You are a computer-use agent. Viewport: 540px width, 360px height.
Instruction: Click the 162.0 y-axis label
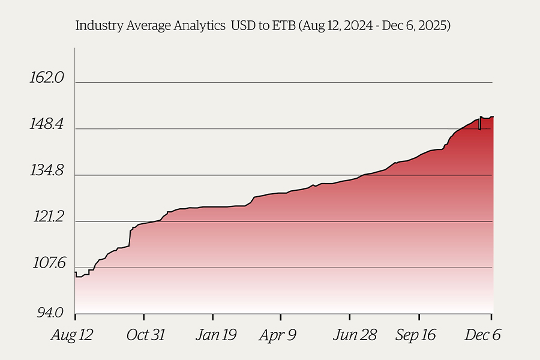[x=47, y=77]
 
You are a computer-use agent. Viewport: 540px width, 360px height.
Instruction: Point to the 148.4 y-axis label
[x=47, y=124]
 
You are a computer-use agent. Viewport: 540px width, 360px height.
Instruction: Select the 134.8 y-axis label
[x=47, y=170]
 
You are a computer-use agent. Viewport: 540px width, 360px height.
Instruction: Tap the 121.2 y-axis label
[x=49, y=217]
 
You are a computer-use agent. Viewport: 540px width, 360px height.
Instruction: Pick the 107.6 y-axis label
[x=49, y=263]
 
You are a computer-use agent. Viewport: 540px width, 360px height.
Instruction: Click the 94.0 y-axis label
[x=50, y=313]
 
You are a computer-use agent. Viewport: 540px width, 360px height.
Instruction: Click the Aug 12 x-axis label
[x=72, y=335]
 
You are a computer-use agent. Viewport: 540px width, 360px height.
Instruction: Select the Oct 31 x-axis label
[x=146, y=335]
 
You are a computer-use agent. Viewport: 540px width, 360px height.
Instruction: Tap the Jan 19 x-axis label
[x=216, y=335]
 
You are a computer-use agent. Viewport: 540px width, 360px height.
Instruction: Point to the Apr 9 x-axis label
[x=278, y=335]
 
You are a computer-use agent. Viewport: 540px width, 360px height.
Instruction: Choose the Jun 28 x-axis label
[x=355, y=335]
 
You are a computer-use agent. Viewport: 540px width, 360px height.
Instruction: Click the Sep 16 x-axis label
[x=416, y=335]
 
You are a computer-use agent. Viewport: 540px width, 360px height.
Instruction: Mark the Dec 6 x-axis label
[x=482, y=335]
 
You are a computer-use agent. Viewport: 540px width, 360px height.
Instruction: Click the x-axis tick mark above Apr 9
[x=281, y=317]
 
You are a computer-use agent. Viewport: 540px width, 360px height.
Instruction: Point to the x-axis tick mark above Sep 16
[x=419, y=317]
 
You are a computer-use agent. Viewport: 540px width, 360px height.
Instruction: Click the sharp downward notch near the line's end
[x=480, y=124]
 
